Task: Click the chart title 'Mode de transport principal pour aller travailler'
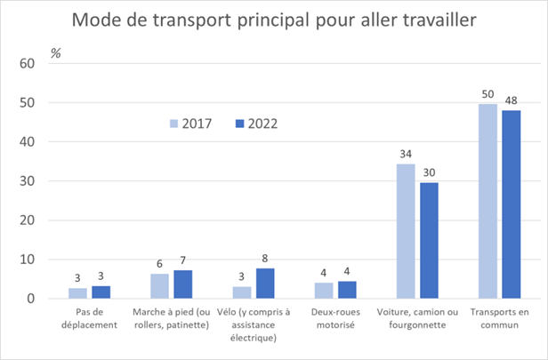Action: click(274, 20)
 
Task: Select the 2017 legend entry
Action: click(190, 124)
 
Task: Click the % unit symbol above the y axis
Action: click(55, 52)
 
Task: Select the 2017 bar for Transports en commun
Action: click(488, 201)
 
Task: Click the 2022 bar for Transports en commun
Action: click(511, 204)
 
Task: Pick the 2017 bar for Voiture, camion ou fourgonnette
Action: click(405, 231)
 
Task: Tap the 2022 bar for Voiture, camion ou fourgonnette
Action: click(428, 240)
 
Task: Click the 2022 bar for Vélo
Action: click(264, 283)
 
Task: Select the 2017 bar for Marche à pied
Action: click(159, 286)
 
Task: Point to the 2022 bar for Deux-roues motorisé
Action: click(346, 290)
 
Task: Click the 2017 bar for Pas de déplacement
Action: click(77, 293)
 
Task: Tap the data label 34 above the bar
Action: click(405, 155)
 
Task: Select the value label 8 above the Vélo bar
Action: click(264, 259)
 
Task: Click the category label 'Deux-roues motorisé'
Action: click(334, 319)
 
